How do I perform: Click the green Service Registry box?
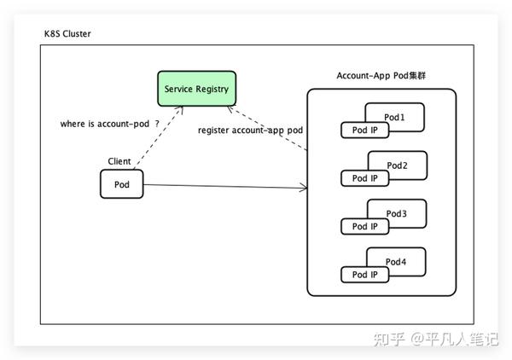(x=196, y=89)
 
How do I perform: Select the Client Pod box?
(x=121, y=184)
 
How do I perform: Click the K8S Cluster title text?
(x=67, y=33)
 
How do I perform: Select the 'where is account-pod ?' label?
(x=109, y=124)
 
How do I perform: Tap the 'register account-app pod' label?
(x=250, y=130)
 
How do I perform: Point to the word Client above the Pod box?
(x=119, y=160)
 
